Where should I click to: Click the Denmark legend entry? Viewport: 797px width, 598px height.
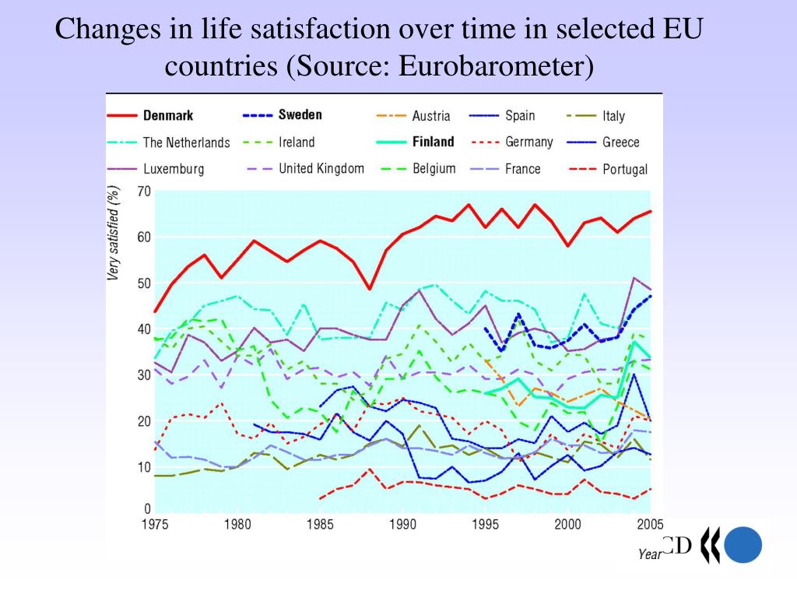[168, 115]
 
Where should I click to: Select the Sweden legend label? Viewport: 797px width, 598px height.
[300, 115]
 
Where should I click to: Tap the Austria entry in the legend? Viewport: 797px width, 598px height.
[430, 116]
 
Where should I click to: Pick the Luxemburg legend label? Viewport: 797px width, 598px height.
[174, 168]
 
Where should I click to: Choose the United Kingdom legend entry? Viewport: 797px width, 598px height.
[321, 168]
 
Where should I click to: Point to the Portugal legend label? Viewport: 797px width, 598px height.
[625, 169]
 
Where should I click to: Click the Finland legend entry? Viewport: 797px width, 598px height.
[433, 142]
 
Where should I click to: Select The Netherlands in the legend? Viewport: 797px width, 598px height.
[186, 142]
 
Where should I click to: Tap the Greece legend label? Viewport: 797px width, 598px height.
[620, 142]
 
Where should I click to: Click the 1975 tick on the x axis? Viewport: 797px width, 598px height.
[154, 525]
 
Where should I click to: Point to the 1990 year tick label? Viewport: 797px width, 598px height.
[402, 525]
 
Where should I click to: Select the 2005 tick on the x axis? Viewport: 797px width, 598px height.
[650, 525]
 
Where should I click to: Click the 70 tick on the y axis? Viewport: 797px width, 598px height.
[143, 192]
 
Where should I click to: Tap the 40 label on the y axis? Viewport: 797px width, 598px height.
[143, 329]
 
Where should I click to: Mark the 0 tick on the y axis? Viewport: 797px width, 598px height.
[146, 508]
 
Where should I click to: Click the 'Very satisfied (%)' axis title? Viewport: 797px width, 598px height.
[114, 233]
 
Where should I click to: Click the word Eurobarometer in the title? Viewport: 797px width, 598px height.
[491, 67]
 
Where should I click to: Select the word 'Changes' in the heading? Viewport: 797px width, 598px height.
[104, 30]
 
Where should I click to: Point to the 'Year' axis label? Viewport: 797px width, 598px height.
[650, 554]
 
